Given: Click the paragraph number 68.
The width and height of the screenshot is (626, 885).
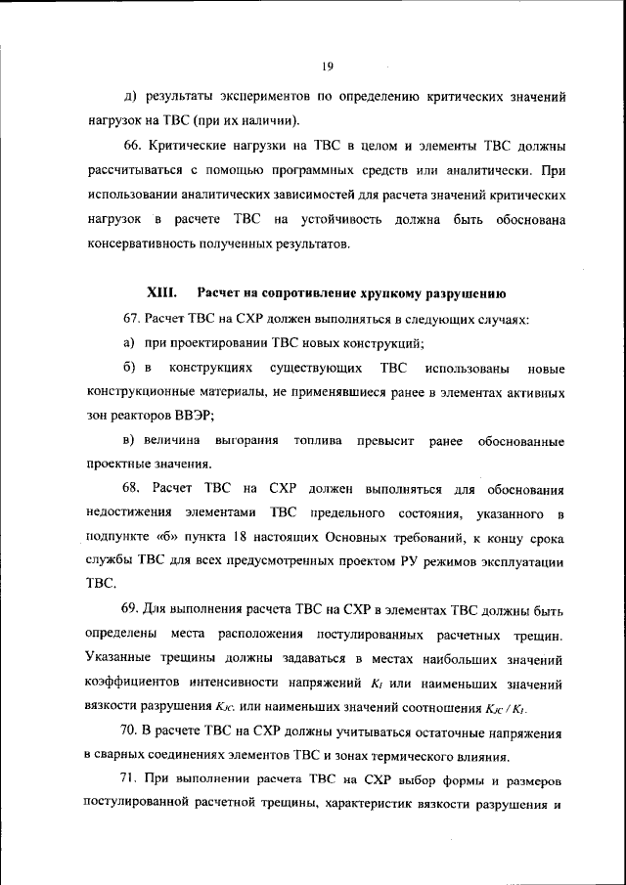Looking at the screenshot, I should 134,488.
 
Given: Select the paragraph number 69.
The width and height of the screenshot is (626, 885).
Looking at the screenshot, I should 134,611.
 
